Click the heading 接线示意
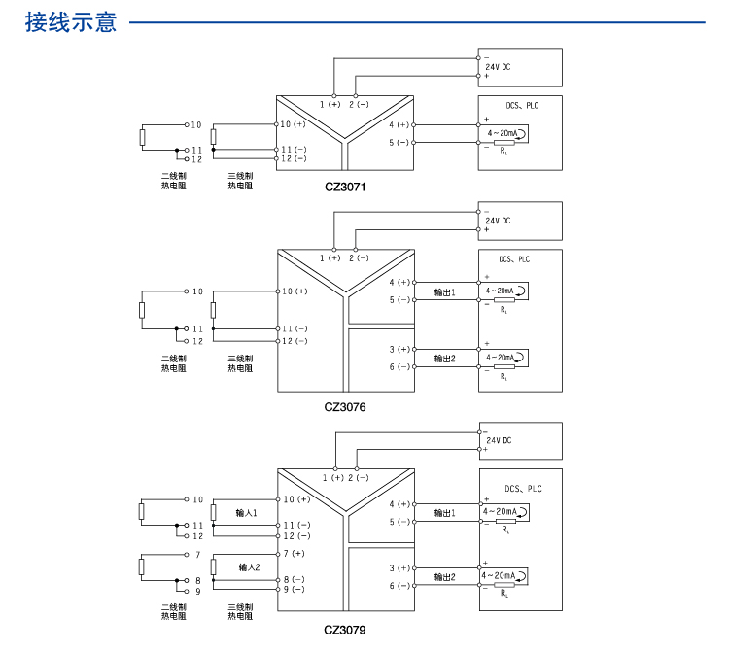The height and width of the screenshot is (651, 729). pos(71,21)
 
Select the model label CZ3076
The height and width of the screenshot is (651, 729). pos(345,408)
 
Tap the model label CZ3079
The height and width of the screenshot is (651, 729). pos(345,630)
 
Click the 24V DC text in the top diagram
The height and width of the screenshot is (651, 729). pos(498,66)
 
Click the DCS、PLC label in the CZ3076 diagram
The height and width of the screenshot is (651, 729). pos(514,259)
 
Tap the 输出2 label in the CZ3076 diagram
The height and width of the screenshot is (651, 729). pos(444,359)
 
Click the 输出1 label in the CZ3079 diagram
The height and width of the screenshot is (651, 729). pos(444,512)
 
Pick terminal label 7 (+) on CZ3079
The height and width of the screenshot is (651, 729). pos(294,553)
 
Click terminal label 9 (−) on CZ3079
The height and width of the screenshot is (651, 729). pos(294,589)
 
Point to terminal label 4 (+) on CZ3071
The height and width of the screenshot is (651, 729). pos(399,125)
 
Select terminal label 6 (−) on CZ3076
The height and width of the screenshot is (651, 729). pos(399,366)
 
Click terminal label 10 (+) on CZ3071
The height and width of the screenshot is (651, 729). pos(294,124)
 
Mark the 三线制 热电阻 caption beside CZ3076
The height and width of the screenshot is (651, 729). pos(239,363)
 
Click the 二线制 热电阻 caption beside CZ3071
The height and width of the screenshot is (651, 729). pos(173,180)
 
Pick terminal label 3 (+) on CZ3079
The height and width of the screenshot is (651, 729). pos(399,567)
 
